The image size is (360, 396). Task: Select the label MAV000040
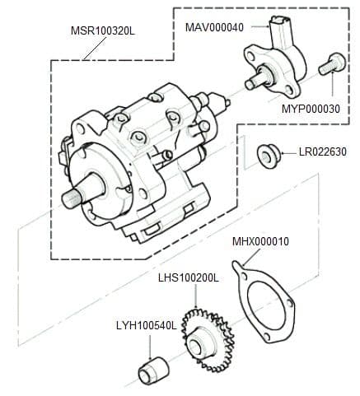coord(213,26)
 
